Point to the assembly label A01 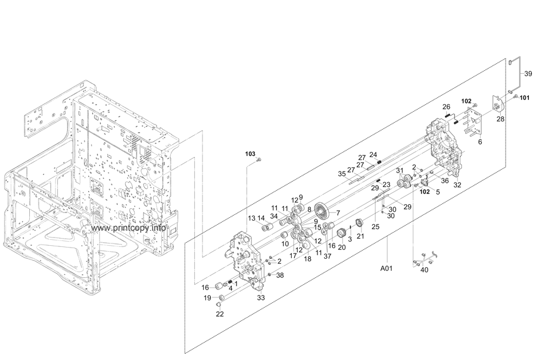[387, 268]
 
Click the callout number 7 [337, 212]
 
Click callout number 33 [261, 296]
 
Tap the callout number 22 [220, 314]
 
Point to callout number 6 [480, 142]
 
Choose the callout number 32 [457, 185]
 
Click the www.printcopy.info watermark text [129, 228]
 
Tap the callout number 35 [341, 174]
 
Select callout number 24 [373, 154]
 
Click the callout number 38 [280, 275]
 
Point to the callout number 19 [207, 298]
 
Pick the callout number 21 [360, 236]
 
